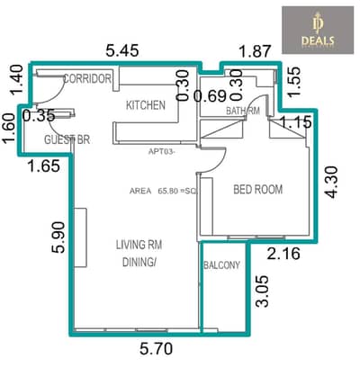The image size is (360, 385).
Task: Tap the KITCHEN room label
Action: [x=145, y=105]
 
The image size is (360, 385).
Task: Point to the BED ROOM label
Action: [x=258, y=190]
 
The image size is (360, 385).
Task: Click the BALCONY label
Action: [x=222, y=265]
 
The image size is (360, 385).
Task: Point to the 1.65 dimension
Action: [x=43, y=165]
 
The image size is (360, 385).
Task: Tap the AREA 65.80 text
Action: [x=162, y=191]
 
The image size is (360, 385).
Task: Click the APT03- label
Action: [x=165, y=152]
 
